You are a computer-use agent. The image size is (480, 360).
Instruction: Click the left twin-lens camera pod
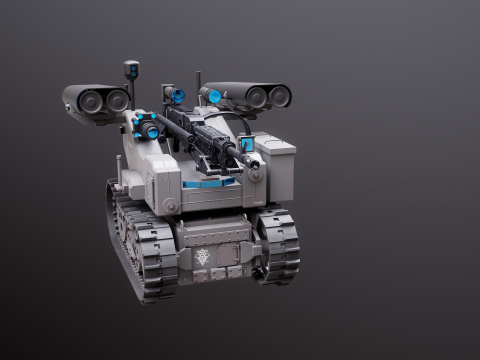click(96, 101)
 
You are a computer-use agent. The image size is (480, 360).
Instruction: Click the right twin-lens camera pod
click(250, 95)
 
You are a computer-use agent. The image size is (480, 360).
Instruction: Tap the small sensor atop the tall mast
click(131, 69)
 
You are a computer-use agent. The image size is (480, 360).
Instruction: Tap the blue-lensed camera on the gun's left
click(146, 126)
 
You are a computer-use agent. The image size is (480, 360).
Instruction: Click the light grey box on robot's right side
click(275, 165)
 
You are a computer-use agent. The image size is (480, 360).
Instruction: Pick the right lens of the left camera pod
click(117, 100)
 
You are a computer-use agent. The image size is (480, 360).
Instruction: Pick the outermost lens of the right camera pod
click(279, 96)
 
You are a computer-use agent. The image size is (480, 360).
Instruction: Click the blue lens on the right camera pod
click(213, 96)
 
